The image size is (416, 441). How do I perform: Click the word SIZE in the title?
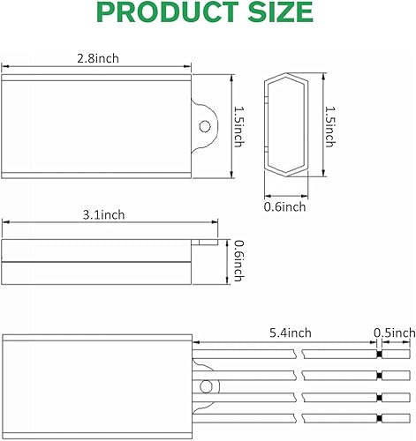tap(278, 12)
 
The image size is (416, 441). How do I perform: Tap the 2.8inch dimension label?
tap(98, 58)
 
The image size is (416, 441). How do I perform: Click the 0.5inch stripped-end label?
tap(394, 333)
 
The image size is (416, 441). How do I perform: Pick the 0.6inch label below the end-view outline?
tap(284, 206)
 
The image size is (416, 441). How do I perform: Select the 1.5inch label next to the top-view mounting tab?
tap(237, 125)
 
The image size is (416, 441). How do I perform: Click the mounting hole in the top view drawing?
tap(206, 125)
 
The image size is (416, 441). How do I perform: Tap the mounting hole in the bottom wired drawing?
tap(207, 385)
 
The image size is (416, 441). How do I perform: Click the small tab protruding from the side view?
tap(207, 237)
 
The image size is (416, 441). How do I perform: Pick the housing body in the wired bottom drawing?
tap(97, 384)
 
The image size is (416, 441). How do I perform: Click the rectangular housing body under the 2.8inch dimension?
tap(97, 125)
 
